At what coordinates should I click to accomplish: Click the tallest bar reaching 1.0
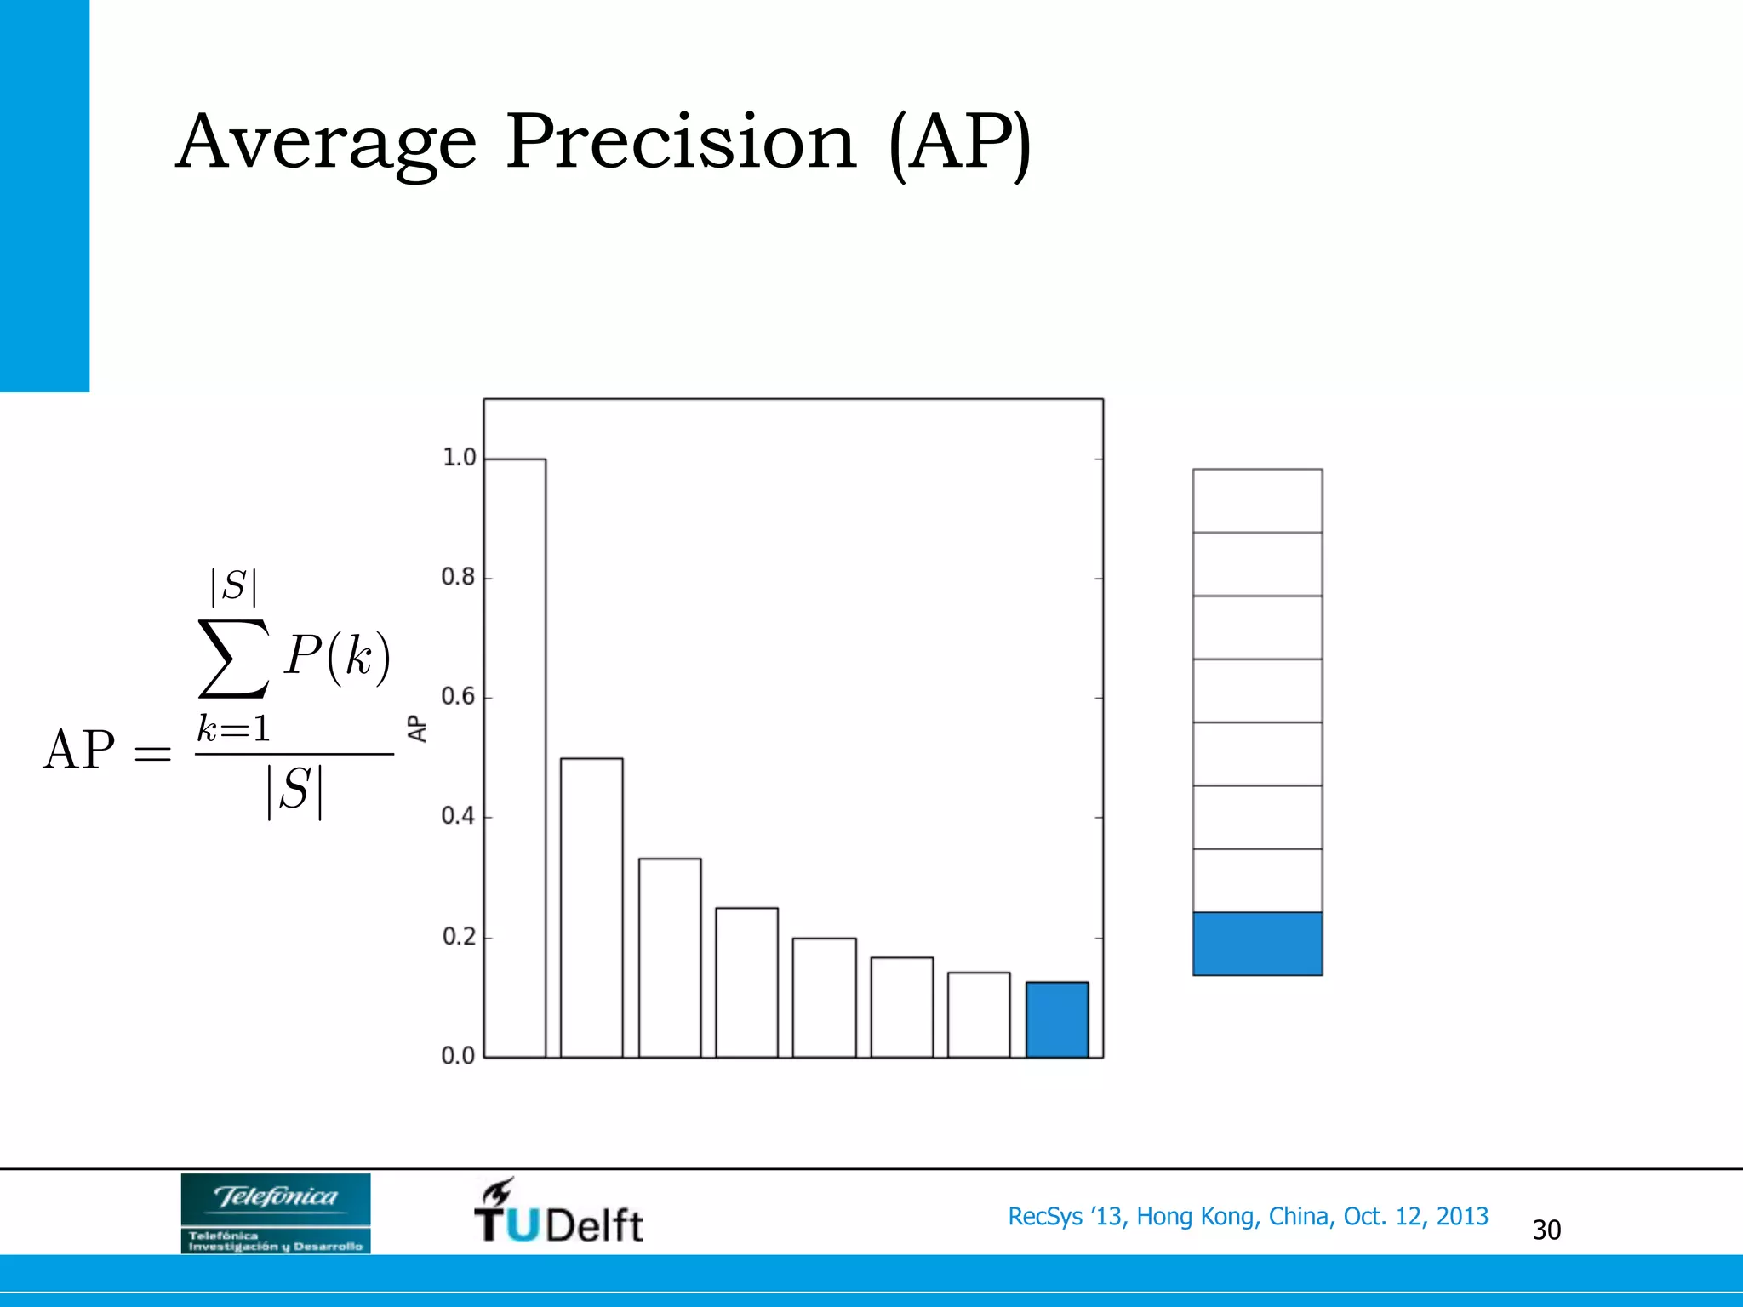[x=515, y=757]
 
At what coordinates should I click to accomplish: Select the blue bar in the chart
[x=1057, y=1019]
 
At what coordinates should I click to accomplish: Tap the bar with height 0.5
[x=591, y=907]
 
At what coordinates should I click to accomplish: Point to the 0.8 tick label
[x=458, y=578]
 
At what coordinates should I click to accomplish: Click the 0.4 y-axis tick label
[x=458, y=817]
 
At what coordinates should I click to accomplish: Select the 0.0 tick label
[x=458, y=1056]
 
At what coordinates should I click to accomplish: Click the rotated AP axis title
[x=417, y=728]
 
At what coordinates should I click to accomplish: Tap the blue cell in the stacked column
[x=1257, y=944]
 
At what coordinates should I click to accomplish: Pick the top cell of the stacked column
[x=1257, y=500]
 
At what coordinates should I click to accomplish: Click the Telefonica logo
[x=276, y=1213]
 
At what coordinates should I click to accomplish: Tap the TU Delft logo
[x=558, y=1213]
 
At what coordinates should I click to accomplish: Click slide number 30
[x=1546, y=1230]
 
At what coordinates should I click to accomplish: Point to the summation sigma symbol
[x=233, y=658]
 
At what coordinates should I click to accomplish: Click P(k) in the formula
[x=338, y=656]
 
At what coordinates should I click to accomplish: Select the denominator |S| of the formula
[x=294, y=791]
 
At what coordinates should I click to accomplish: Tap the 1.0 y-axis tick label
[x=458, y=458]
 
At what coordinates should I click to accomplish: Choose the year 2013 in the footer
[x=1462, y=1217]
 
